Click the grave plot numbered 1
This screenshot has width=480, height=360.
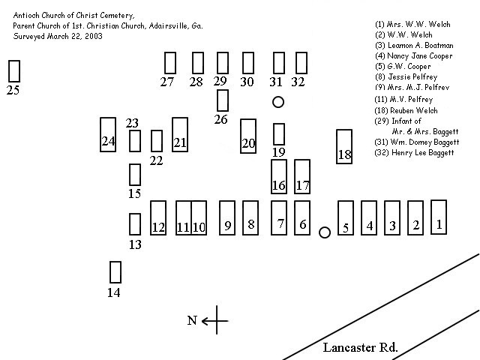pos(439,217)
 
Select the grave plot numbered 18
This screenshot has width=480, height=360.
pos(344,147)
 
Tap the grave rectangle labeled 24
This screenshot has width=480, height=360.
pos(108,135)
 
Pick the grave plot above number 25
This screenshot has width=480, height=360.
pos(13,70)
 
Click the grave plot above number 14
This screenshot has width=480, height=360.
pos(115,271)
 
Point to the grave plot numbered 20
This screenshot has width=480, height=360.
pos(248,136)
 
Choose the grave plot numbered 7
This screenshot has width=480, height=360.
pos(279,217)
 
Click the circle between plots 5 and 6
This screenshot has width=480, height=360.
pos(325,232)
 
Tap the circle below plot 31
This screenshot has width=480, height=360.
pos(278,102)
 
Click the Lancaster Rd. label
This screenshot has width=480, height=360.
pos(360,347)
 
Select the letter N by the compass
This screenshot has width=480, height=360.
pos(192,321)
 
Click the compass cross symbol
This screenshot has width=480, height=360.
pos(216,321)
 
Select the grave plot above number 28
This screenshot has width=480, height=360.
pos(197,62)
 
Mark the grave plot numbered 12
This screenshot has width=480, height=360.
pos(158,217)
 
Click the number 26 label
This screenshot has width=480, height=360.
pos(220,119)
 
